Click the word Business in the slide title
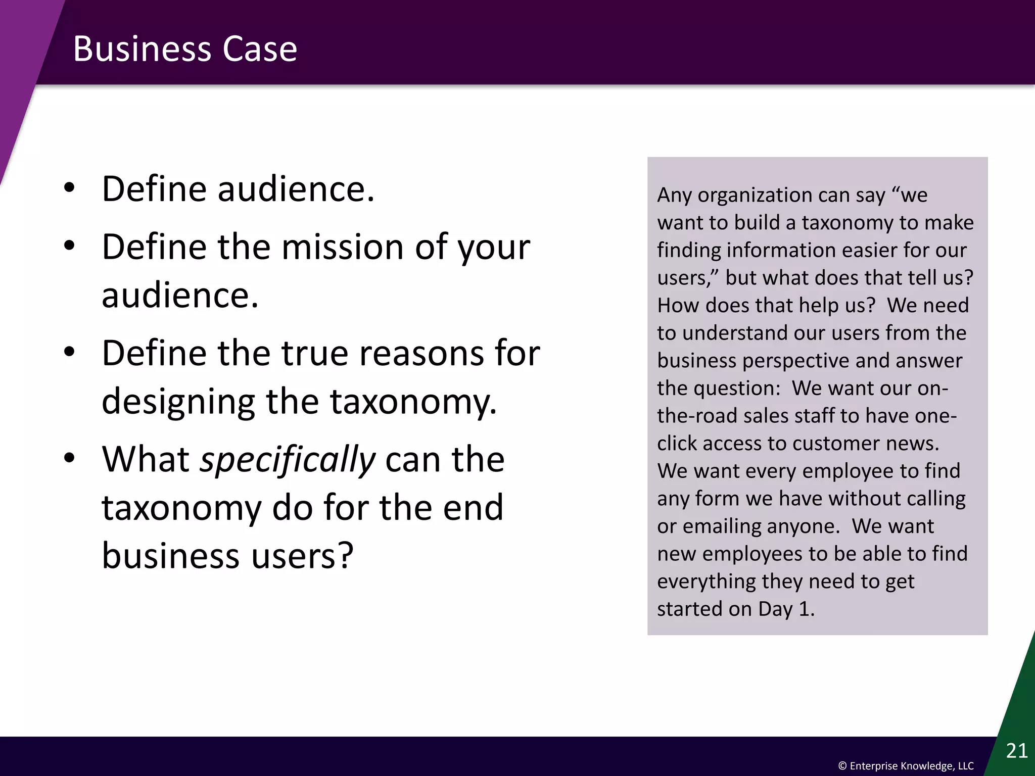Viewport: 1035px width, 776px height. click(x=142, y=49)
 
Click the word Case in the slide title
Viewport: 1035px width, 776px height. click(x=260, y=49)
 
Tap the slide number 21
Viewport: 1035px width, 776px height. click(x=1016, y=751)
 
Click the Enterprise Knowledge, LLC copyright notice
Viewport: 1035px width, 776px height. click(x=906, y=766)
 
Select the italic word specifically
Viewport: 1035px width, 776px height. click(x=288, y=460)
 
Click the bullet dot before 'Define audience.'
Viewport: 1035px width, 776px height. click(x=70, y=188)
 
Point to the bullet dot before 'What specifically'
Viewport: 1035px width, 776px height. click(x=70, y=458)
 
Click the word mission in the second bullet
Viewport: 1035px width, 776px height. click(x=342, y=247)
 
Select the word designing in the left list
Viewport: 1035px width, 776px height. click(x=178, y=402)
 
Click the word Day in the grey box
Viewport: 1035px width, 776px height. click(x=775, y=609)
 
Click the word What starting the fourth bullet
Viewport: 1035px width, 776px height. click(x=146, y=459)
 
